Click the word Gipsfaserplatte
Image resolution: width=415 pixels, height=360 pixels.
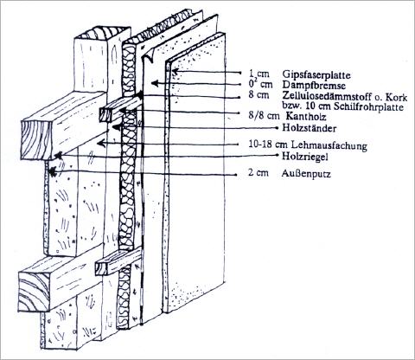coord(316,74)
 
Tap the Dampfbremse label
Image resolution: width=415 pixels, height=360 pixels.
coord(314,86)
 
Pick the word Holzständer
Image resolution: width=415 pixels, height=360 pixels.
coord(309,128)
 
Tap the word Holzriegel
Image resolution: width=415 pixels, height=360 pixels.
coord(305,157)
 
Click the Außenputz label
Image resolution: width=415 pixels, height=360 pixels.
coord(306,174)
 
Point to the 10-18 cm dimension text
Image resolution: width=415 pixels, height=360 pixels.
coord(269,145)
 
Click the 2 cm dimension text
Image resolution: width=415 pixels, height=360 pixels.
coord(259,173)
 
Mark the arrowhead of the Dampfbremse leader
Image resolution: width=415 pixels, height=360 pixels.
coord(155,83)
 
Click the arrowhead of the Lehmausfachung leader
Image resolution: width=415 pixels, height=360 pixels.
coord(101,143)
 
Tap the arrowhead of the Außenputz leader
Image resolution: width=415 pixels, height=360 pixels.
coord(52,172)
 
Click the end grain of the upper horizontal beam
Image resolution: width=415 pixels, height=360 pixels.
coord(36,140)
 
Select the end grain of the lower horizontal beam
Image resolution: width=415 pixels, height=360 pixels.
coord(34,292)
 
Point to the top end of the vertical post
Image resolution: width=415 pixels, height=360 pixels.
coord(102,32)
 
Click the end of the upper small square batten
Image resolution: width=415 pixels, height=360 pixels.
coord(105,114)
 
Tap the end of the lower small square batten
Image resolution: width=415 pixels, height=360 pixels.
coord(102,268)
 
